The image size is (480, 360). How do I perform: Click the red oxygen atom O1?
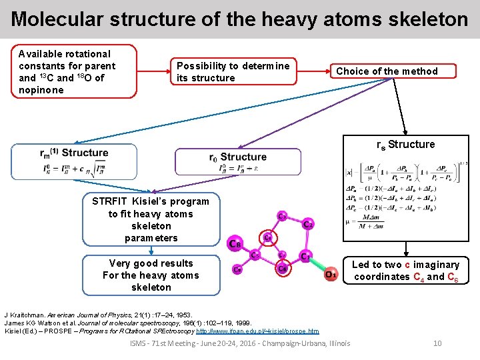(330, 274)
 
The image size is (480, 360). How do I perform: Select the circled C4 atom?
(267, 237)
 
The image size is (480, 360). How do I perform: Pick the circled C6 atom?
(283, 268)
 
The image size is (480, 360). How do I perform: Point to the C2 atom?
(307, 225)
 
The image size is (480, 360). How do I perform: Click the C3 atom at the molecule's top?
(282, 216)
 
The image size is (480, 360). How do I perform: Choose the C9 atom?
(237, 269)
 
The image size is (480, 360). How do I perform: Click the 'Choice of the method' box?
(387, 71)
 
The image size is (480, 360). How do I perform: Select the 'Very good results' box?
(151, 275)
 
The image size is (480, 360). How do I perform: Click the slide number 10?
(437, 343)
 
